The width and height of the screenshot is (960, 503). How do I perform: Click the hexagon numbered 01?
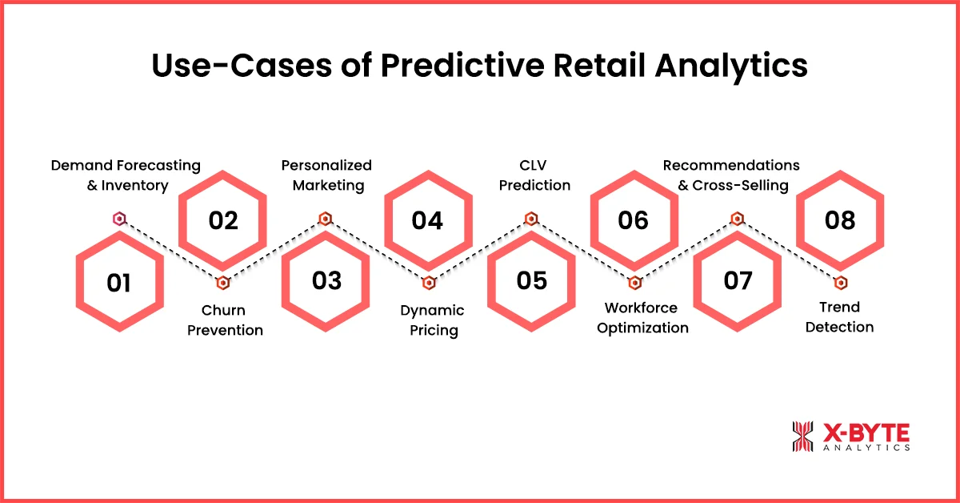(119, 282)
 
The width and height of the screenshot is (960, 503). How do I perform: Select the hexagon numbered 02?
(223, 219)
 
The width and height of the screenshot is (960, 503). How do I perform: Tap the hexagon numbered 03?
(326, 280)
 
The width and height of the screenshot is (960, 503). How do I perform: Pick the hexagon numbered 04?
(428, 219)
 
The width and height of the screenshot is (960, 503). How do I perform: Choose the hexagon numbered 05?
(531, 280)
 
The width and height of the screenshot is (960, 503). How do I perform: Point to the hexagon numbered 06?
(634, 219)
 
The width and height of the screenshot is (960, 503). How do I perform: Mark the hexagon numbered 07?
(737, 280)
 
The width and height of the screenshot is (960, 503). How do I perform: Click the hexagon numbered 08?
(840, 219)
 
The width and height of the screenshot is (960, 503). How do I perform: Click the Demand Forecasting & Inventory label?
(126, 175)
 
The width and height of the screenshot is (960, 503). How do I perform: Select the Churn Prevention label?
(225, 320)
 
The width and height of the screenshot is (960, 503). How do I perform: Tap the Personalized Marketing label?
(326, 175)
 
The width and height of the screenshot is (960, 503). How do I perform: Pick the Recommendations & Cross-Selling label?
(731, 175)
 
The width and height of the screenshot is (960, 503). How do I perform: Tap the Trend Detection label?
(839, 317)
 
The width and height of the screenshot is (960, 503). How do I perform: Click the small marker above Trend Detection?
(840, 282)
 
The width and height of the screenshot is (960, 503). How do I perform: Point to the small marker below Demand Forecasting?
(119, 218)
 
